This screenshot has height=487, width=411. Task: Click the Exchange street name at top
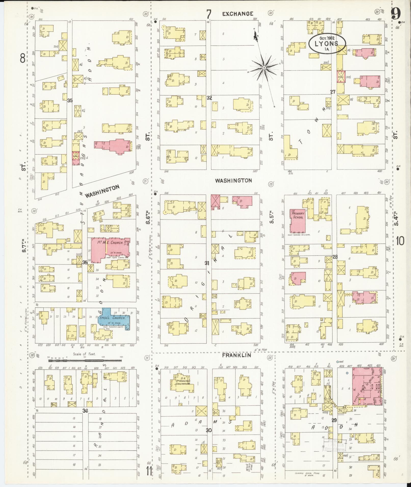coord(237,14)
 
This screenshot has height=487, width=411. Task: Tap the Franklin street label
coord(237,355)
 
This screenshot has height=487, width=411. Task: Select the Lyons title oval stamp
coord(327,44)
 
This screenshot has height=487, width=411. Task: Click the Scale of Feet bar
coord(85,360)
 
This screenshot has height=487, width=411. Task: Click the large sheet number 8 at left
coord(23,59)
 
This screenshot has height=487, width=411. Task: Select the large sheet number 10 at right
coord(400,241)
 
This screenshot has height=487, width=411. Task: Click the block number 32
coord(209,98)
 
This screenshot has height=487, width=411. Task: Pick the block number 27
coord(333,92)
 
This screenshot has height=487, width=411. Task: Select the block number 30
coord(209,430)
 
